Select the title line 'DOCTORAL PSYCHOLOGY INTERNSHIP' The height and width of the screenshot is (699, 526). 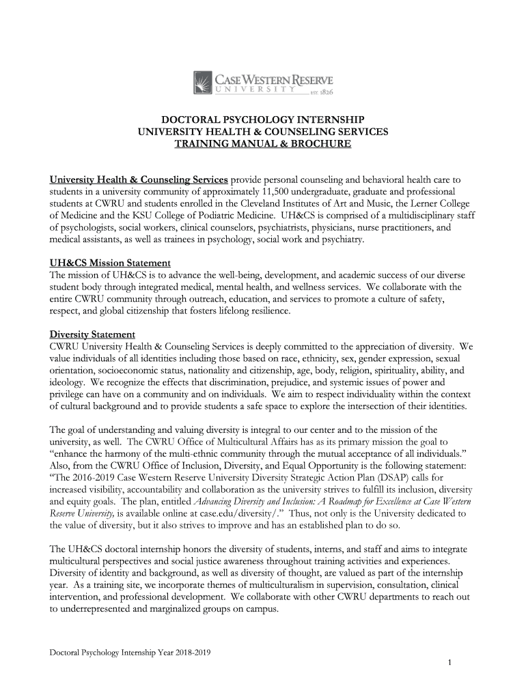click(263, 118)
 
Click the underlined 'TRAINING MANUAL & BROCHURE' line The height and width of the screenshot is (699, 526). click(263, 145)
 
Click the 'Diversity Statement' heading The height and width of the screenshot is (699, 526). click(92, 334)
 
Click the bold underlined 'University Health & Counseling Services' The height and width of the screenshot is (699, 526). click(138, 180)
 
